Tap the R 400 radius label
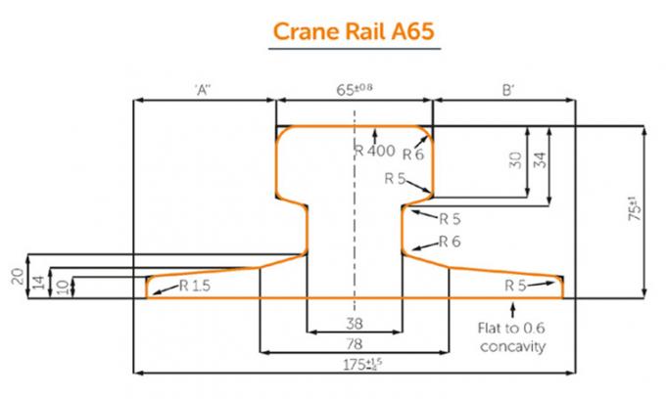click(375, 151)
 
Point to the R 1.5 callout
click(195, 286)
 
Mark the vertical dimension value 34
click(538, 161)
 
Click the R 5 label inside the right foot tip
click(516, 286)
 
